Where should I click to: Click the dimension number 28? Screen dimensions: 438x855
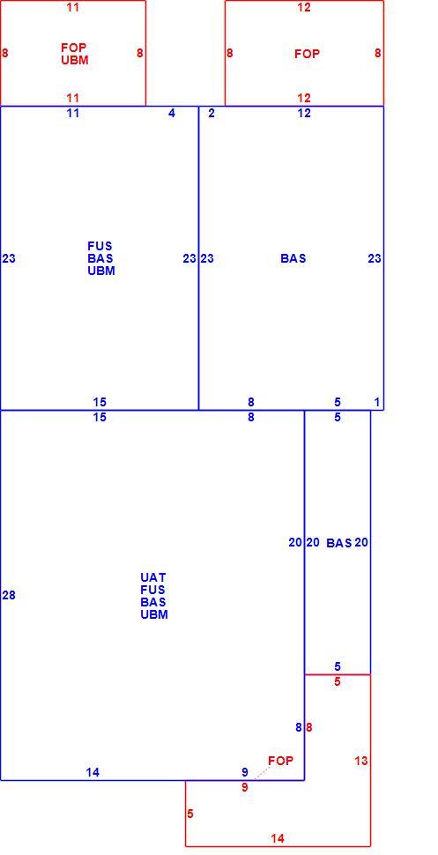tap(9, 595)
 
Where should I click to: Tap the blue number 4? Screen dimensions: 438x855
tap(172, 114)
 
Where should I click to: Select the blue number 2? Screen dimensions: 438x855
tap(212, 114)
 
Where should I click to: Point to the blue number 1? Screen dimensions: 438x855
tap(377, 403)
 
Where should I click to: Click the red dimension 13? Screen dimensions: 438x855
tap(361, 761)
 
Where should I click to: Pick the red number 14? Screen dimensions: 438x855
tap(278, 838)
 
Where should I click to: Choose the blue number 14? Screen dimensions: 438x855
tap(93, 772)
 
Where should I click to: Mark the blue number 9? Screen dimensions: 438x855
tap(245, 772)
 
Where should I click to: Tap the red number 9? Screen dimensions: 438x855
tap(245, 787)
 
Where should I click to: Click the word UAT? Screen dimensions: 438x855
tap(153, 577)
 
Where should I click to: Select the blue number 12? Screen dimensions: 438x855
tap(304, 114)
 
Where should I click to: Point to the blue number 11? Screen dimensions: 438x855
tap(73, 114)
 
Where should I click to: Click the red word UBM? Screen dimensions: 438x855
tap(75, 60)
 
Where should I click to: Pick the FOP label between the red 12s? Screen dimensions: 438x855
tap(307, 54)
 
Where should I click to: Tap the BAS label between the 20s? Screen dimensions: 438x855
tap(339, 543)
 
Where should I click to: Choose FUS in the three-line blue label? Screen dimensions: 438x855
tap(100, 246)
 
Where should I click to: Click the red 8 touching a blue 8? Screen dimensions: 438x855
tap(309, 727)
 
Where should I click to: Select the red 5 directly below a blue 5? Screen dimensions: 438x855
tap(337, 681)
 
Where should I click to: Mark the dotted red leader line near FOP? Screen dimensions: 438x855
tap(263, 773)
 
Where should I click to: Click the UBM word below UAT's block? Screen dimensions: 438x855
tap(154, 614)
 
